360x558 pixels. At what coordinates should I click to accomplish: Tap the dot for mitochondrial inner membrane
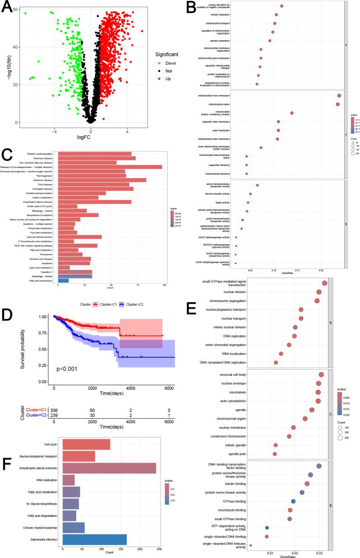coord(339,95)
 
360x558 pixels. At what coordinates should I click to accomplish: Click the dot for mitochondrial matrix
coord(337,104)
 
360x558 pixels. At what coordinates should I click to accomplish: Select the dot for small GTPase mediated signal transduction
coord(324,283)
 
